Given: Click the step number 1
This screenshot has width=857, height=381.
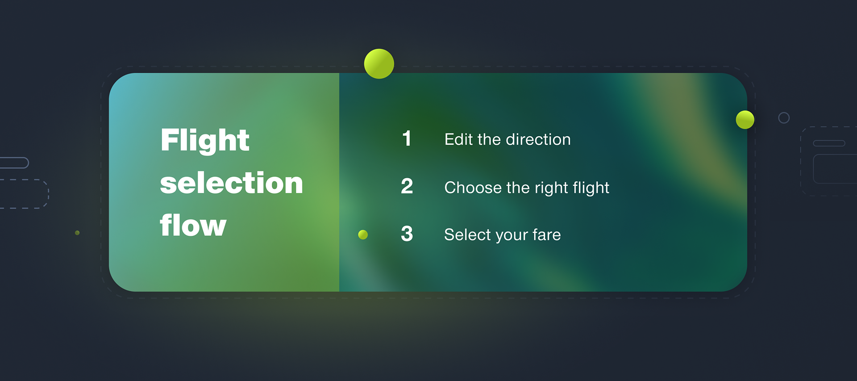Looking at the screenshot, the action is [407, 138].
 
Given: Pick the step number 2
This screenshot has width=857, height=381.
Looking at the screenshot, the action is [407, 186].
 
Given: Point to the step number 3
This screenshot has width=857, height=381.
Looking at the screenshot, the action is [407, 234].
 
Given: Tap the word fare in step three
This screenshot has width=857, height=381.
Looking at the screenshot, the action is [546, 234].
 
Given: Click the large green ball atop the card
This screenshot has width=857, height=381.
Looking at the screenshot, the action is [379, 64].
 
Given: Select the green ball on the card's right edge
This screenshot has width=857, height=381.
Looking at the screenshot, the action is [745, 120].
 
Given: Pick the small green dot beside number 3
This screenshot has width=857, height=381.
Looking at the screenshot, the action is [363, 234].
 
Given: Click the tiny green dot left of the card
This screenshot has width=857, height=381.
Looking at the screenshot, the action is [77, 233].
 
